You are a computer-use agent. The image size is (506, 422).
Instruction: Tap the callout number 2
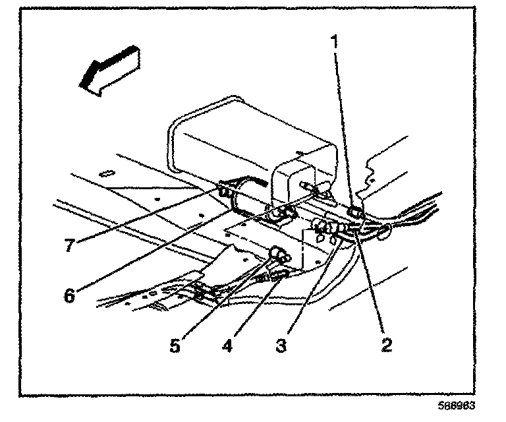click(x=385, y=344)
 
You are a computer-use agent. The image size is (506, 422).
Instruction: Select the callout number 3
click(x=281, y=345)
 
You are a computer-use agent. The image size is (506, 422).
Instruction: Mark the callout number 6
click(x=69, y=294)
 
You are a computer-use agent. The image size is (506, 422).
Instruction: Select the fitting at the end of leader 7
click(x=224, y=192)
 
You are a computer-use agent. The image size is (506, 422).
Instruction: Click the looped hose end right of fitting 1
click(x=385, y=230)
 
